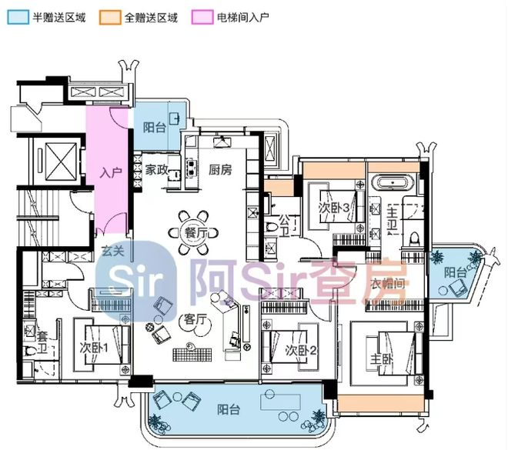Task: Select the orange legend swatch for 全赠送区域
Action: [109, 17]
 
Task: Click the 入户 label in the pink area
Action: [111, 172]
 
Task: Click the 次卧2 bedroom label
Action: [301, 351]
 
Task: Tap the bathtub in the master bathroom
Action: [393, 185]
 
